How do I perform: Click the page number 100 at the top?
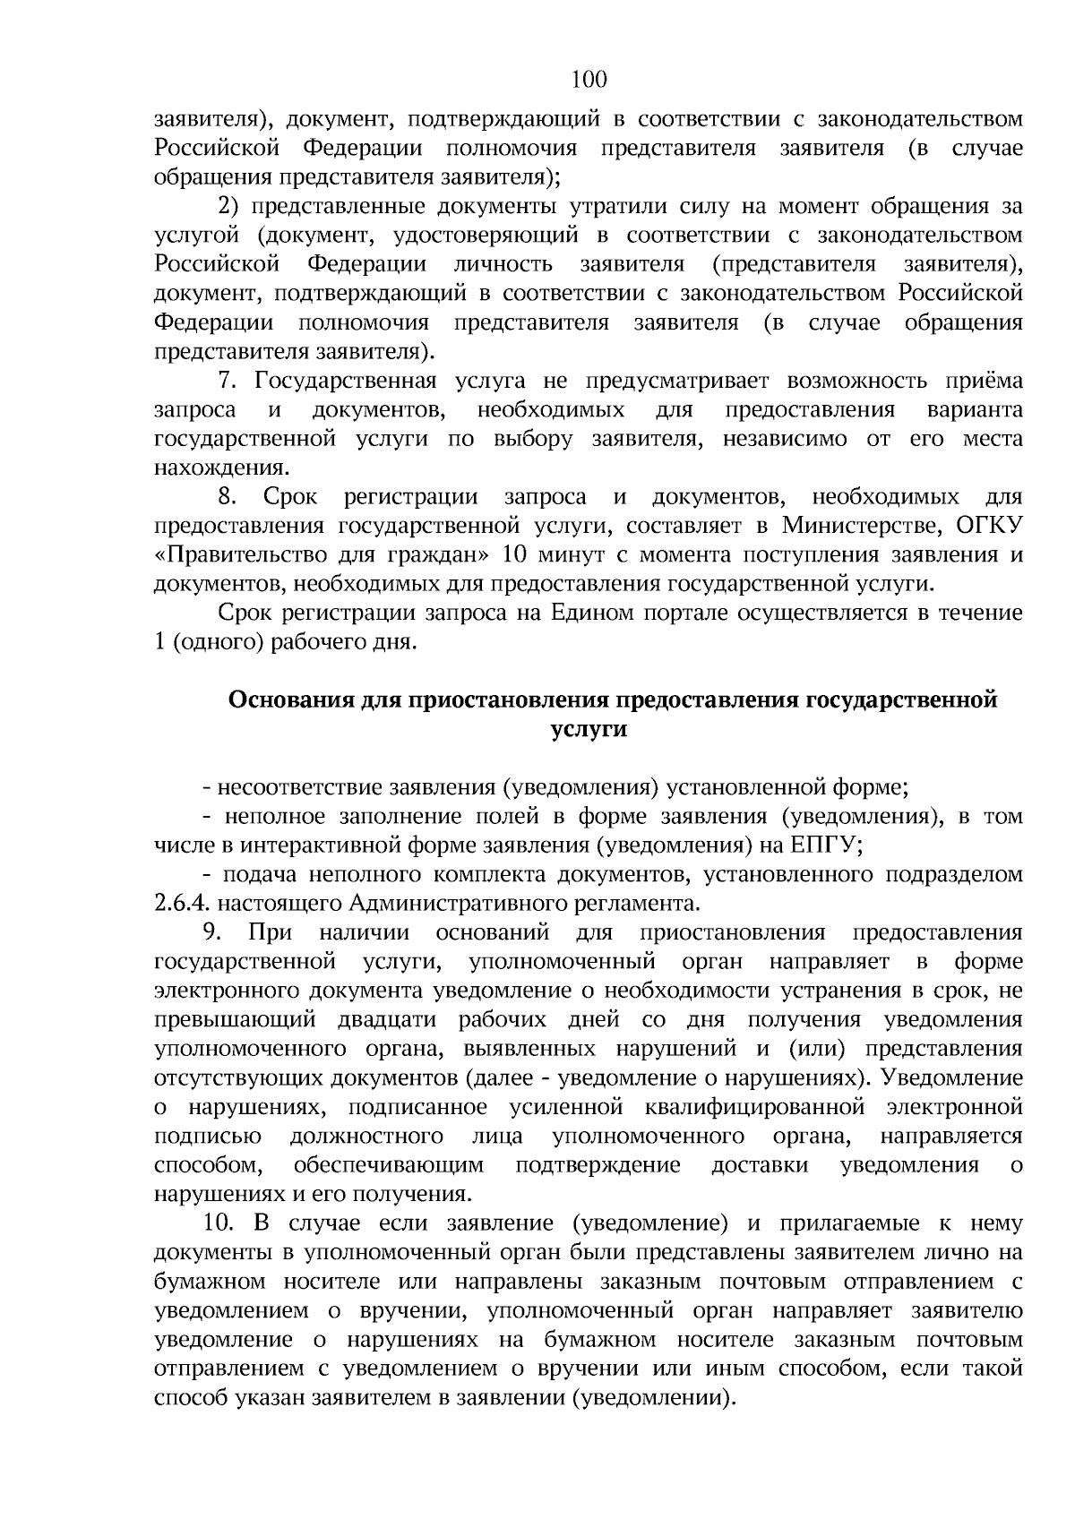(x=589, y=81)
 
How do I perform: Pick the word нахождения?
(x=220, y=468)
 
